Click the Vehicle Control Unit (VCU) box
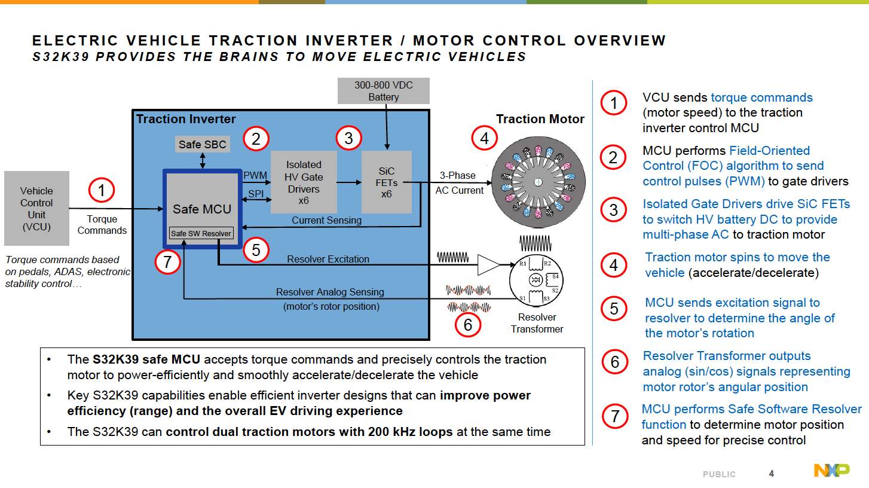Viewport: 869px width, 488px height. [36, 208]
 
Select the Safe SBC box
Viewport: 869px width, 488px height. [203, 144]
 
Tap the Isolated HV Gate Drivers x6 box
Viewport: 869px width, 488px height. [304, 182]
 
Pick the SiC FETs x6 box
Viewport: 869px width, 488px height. [387, 182]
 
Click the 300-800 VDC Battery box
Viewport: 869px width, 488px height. [383, 91]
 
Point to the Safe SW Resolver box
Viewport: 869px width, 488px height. [200, 233]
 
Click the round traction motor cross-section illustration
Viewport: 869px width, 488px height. [538, 182]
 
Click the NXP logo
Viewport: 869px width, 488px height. [831, 471]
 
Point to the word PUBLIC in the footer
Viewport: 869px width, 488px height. [719, 474]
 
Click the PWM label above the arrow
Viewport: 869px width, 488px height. [255, 175]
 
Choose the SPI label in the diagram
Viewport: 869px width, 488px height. [256, 193]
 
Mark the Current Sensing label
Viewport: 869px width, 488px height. [326, 220]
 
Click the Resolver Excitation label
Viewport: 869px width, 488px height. [328, 259]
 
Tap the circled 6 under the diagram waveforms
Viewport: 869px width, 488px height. [468, 325]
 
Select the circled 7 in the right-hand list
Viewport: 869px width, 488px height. [614, 416]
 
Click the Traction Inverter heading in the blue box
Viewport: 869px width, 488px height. [186, 119]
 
